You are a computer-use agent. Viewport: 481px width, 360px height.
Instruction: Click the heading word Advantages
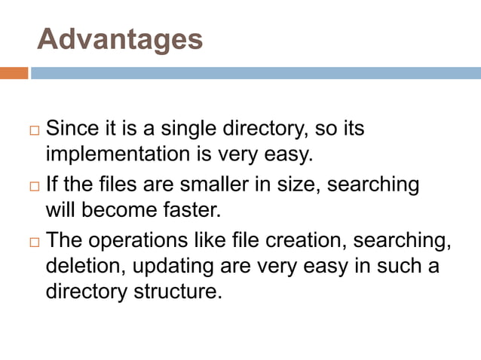120,39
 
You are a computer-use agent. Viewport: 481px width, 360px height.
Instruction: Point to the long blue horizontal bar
256,73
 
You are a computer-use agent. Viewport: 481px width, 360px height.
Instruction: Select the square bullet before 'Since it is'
33,131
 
